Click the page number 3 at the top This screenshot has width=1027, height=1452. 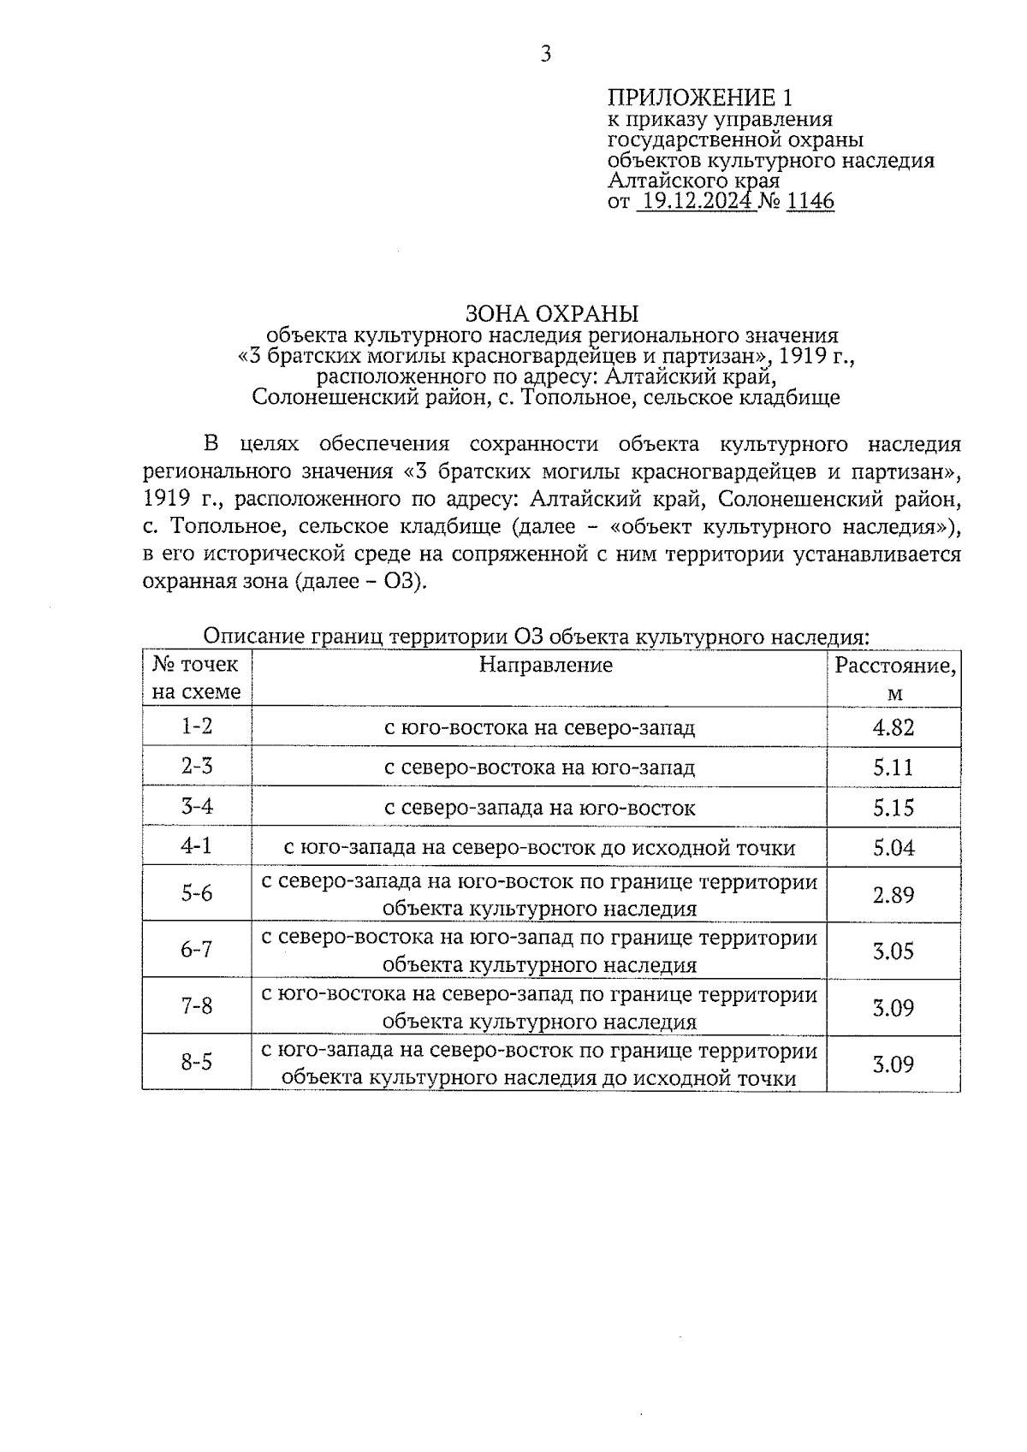(x=546, y=55)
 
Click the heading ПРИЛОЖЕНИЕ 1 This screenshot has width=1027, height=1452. (x=701, y=97)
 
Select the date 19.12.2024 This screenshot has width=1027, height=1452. (x=697, y=202)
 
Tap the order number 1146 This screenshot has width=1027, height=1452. (x=809, y=202)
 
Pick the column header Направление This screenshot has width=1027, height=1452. (x=545, y=665)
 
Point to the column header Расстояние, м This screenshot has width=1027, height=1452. (x=894, y=679)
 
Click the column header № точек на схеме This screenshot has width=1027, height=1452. (x=197, y=678)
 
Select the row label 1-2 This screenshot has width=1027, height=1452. (x=197, y=726)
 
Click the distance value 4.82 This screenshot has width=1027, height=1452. (x=893, y=727)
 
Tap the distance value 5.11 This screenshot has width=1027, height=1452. (x=893, y=767)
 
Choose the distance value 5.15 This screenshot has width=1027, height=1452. (x=893, y=807)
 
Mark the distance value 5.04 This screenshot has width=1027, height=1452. (x=893, y=847)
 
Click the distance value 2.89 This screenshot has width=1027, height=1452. (x=893, y=894)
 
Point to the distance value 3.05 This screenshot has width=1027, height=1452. (x=893, y=951)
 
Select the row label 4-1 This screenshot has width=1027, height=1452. (x=197, y=846)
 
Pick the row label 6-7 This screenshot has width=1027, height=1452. (x=197, y=950)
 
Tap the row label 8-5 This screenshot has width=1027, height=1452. (x=197, y=1063)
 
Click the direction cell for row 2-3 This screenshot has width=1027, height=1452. (x=539, y=767)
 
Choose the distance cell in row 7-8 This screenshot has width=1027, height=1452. (x=893, y=1007)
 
